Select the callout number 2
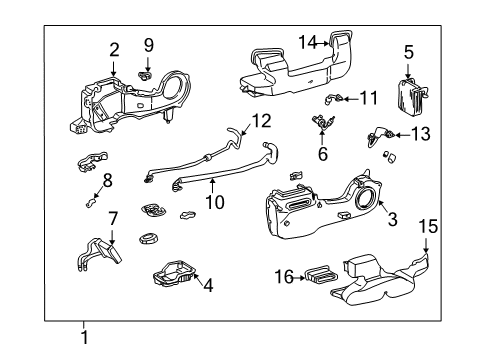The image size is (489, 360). (114, 48)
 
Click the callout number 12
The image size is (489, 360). (262, 122)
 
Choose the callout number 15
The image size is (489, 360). (429, 228)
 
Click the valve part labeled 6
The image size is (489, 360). (322, 125)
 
